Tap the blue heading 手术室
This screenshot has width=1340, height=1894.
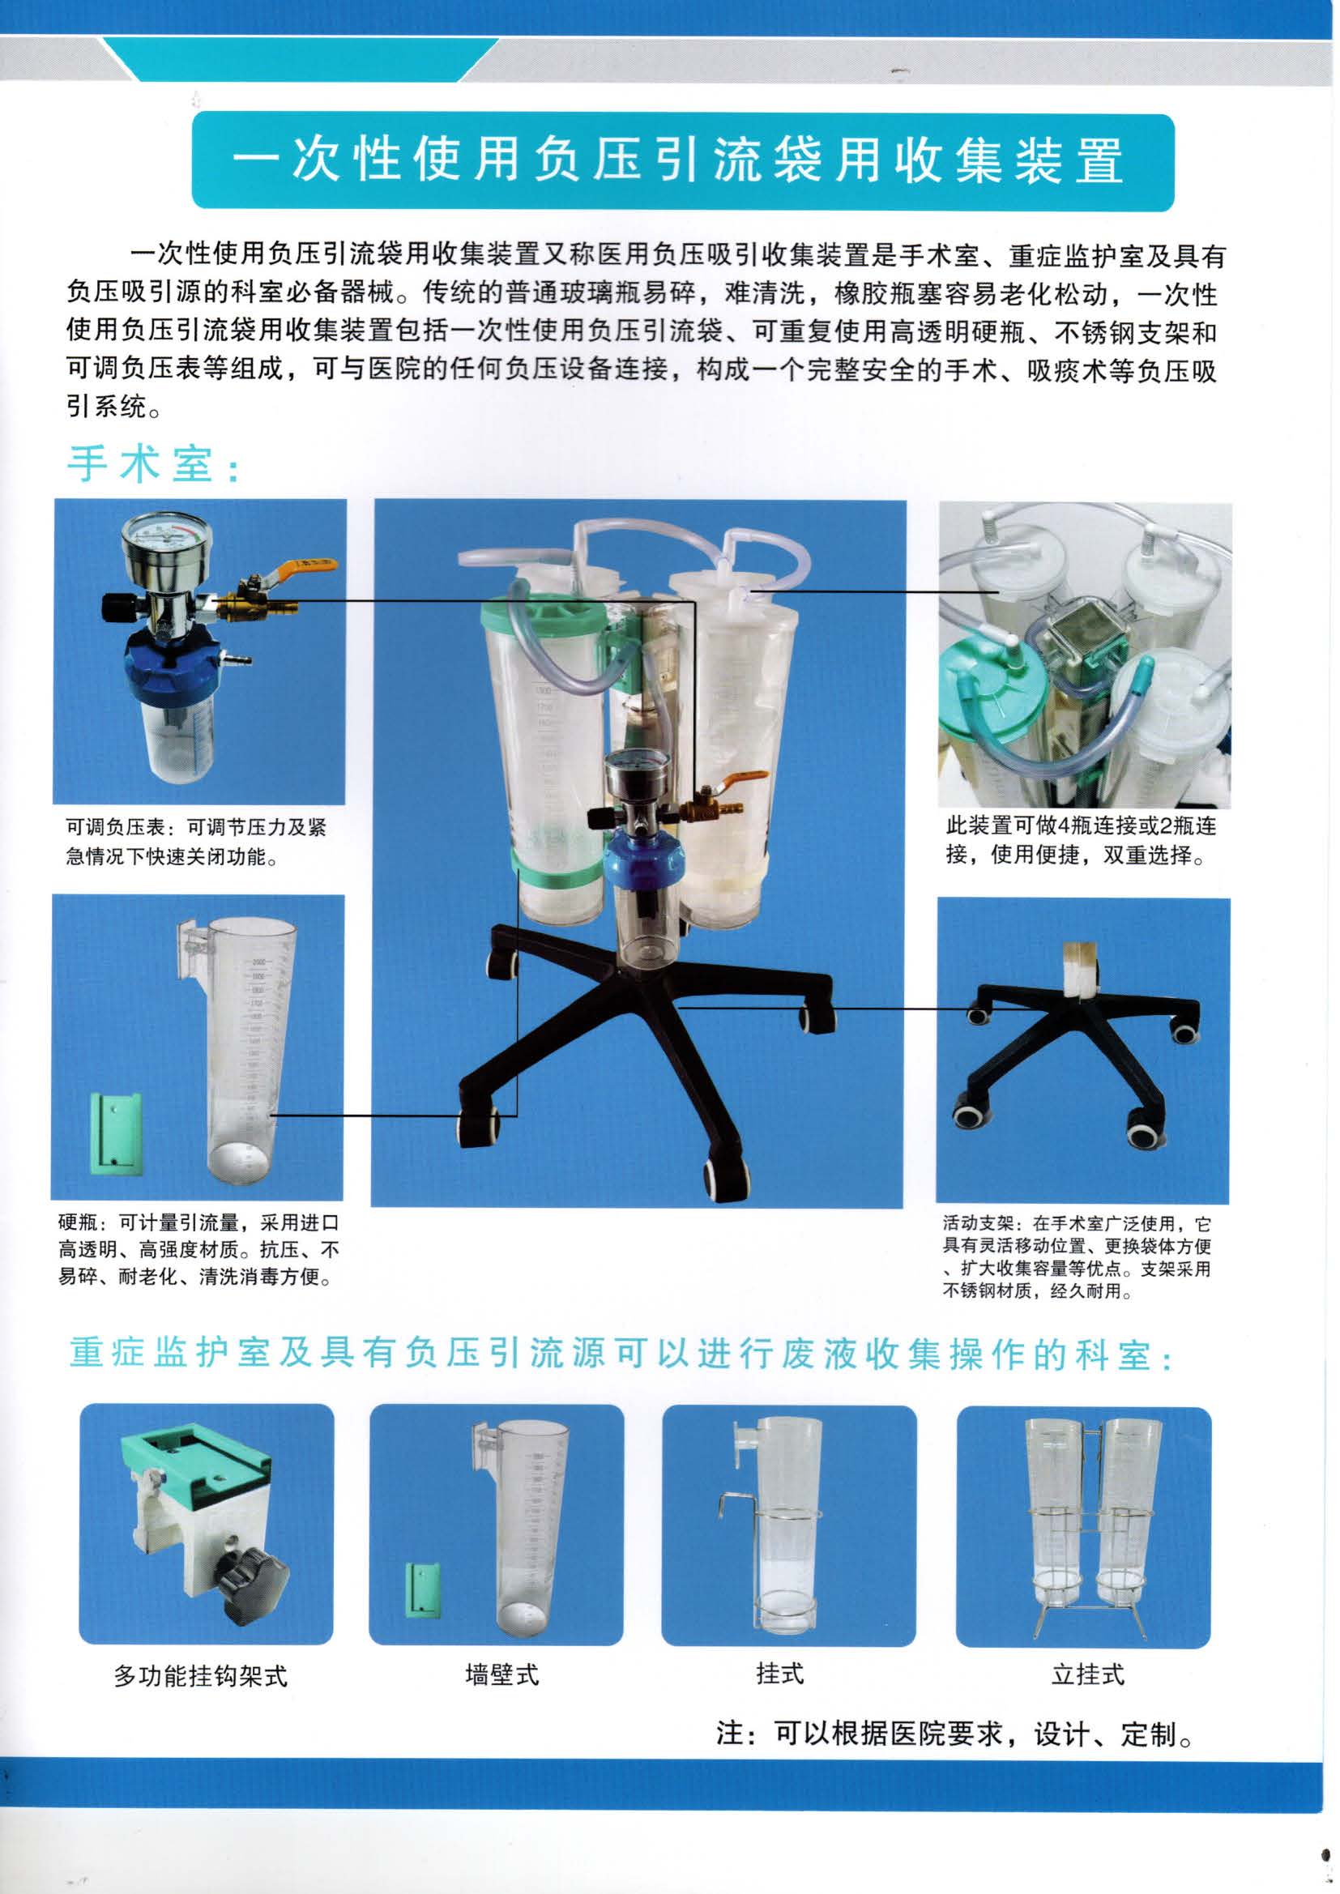tap(153, 464)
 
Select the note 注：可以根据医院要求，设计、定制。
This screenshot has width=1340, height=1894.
tap(954, 1734)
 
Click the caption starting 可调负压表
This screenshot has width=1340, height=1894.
tap(196, 842)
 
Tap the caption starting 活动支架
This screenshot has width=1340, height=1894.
tap(1078, 1257)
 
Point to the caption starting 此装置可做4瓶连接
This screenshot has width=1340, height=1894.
tap(1081, 840)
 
